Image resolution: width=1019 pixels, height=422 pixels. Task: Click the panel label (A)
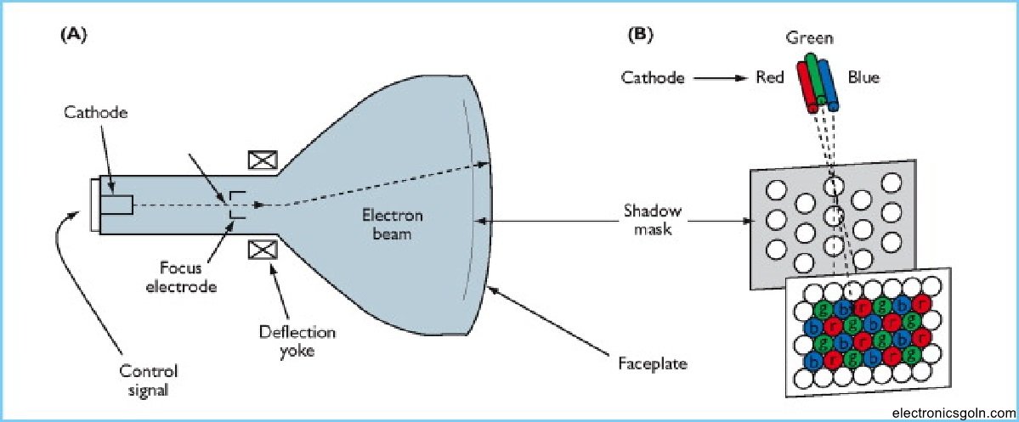pyautogui.click(x=73, y=36)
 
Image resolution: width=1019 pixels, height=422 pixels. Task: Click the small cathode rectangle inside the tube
pyautogui.click(x=116, y=205)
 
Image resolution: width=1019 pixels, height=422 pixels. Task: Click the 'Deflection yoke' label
pyautogui.click(x=297, y=340)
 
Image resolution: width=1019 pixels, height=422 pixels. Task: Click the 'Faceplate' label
pyautogui.click(x=653, y=364)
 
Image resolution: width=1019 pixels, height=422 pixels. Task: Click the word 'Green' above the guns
pyautogui.click(x=809, y=38)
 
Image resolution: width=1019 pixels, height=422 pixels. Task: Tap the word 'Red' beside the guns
pyautogui.click(x=769, y=77)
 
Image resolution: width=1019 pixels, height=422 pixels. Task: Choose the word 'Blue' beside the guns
pyautogui.click(x=863, y=77)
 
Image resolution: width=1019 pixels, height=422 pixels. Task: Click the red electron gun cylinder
pyautogui.click(x=808, y=86)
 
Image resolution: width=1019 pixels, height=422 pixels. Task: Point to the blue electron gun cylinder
pyautogui.click(x=830, y=85)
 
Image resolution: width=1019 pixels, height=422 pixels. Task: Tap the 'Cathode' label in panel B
pyautogui.click(x=653, y=77)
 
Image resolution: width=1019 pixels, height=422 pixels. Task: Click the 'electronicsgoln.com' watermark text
pyautogui.click(x=952, y=413)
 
